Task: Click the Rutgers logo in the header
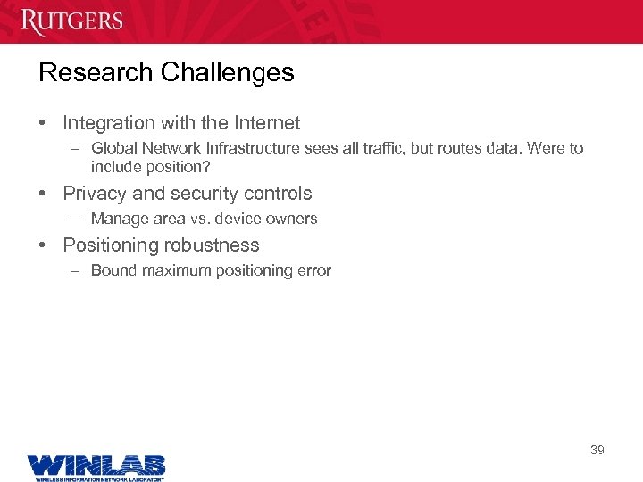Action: point(72,21)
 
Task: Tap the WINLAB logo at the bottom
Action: point(96,464)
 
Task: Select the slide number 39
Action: point(597,450)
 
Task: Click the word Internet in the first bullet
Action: point(267,123)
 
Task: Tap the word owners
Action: point(291,219)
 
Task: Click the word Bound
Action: point(112,270)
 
